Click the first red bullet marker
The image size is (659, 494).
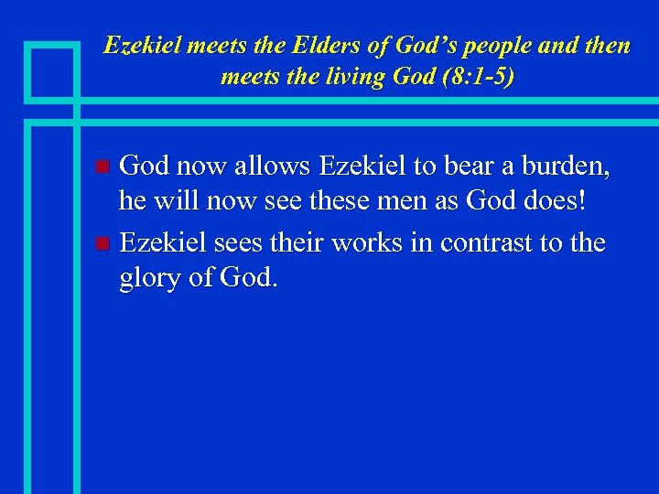[x=103, y=167]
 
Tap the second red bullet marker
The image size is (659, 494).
[x=103, y=243]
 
